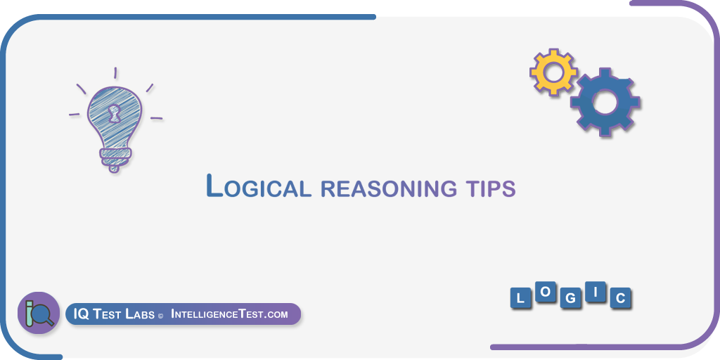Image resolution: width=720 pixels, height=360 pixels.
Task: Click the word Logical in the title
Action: [259, 186]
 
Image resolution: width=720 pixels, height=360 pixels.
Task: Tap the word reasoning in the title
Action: [388, 188]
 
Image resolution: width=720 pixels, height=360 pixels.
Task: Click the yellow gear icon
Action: [553, 72]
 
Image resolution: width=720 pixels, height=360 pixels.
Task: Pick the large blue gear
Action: [605, 101]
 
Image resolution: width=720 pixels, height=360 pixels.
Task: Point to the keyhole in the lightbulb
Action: [114, 112]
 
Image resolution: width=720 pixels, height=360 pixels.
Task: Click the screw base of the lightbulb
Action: [115, 159]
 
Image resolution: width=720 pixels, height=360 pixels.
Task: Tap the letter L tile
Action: [521, 298]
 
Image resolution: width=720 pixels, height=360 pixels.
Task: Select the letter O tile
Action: [546, 295]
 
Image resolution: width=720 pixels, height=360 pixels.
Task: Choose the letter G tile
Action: [571, 298]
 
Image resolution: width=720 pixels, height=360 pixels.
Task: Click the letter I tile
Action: [596, 294]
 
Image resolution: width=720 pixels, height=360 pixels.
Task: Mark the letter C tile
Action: [620, 299]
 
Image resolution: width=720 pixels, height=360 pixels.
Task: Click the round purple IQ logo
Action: [39, 313]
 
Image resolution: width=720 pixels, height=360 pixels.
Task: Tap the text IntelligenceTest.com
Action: [229, 314]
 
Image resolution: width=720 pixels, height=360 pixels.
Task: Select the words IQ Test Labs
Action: [114, 314]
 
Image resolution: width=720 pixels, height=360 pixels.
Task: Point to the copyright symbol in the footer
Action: [161, 316]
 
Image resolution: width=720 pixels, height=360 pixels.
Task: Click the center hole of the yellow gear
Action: [553, 72]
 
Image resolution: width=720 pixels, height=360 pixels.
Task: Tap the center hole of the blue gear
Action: [605, 101]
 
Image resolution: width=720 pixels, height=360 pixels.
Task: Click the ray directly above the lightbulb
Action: [115, 73]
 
